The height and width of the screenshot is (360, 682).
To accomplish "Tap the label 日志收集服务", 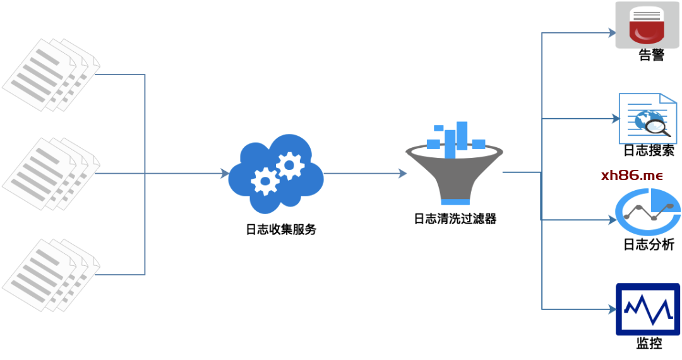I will [280, 229].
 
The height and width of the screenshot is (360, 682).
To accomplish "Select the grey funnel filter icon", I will [454, 164].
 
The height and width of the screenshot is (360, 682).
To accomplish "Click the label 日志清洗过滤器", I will [455, 219].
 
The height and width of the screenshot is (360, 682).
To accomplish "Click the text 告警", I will [651, 56].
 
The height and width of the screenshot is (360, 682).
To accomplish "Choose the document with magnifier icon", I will [648, 118].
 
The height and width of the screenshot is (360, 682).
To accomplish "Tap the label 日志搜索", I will [649, 150].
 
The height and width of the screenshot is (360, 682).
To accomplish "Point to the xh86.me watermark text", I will [631, 176].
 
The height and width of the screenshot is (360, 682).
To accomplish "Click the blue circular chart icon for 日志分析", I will [648, 212].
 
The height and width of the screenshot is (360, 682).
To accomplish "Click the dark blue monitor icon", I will [647, 309].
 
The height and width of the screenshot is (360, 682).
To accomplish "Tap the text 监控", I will [649, 344].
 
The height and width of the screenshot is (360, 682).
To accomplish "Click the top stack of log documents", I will [51, 75].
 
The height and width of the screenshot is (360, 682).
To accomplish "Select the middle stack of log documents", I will [51, 174].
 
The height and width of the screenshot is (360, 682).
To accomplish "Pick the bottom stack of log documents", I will [51, 274].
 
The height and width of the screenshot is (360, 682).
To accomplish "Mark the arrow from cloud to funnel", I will [365, 174].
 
